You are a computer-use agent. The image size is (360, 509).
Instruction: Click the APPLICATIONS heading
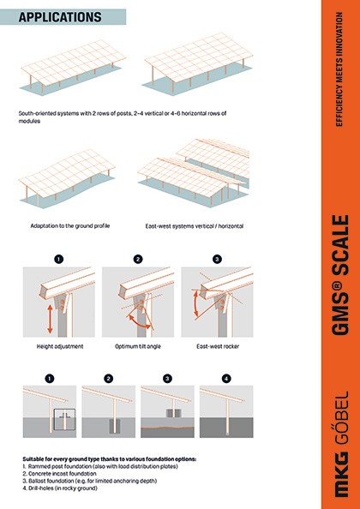pos(60,17)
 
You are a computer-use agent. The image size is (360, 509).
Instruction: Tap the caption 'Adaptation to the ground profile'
pos(70,226)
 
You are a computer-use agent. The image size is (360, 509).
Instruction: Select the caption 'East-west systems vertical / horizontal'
pos(195,226)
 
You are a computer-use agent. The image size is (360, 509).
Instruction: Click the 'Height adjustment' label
pos(60,346)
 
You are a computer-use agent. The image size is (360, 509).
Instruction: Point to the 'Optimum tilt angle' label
pos(138,346)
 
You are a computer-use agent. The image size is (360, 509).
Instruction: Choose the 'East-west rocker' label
pos(218,346)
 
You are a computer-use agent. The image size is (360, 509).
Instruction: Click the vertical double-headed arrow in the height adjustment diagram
pos(50,319)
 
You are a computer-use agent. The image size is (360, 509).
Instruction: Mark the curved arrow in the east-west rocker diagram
pos(195,304)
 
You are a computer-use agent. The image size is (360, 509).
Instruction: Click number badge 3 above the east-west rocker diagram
pos(217,260)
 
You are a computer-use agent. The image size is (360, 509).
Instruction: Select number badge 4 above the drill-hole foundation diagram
pos(226,379)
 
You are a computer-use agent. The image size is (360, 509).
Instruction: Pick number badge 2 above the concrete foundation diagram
pos(108,379)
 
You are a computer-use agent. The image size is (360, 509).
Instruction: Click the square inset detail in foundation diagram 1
pos(64,419)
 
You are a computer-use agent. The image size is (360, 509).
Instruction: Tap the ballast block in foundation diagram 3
pos(174,413)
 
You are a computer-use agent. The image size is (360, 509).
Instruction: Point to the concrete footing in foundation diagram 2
pos(114,426)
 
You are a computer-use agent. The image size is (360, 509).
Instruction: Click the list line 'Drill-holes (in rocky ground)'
pos(60,488)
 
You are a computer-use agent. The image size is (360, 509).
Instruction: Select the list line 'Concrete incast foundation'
pos(60,474)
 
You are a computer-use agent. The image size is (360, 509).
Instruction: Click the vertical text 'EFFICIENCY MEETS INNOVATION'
pos(339,69)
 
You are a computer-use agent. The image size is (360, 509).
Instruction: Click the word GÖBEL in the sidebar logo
pos(340,417)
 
